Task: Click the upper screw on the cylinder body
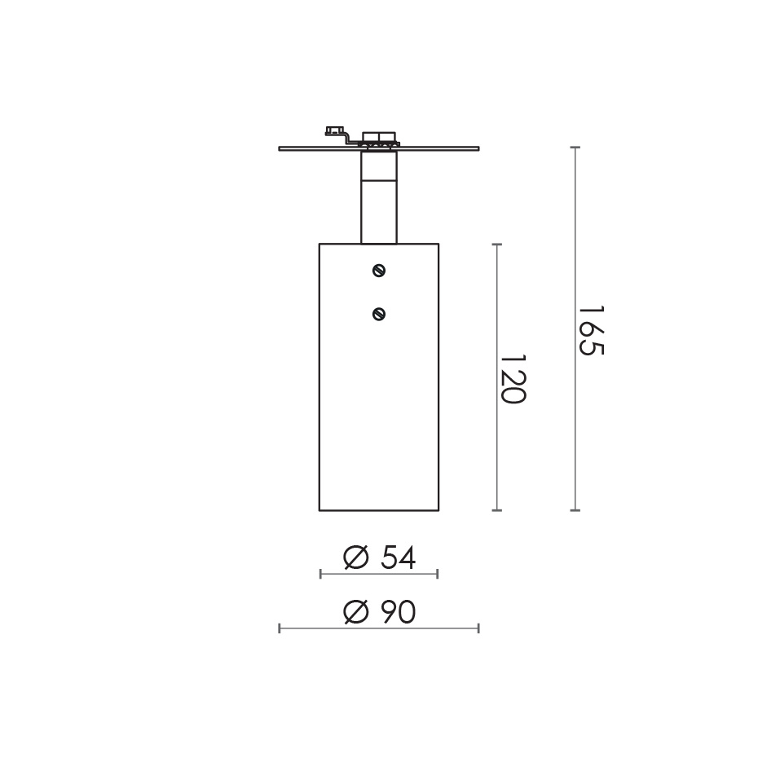click(x=378, y=271)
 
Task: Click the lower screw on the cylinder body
click(x=378, y=313)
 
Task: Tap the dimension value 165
click(x=590, y=330)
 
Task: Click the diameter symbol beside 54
click(x=355, y=558)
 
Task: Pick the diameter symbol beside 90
click(x=355, y=612)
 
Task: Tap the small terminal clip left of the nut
click(x=334, y=131)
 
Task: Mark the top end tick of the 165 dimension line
click(x=575, y=148)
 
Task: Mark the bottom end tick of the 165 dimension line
click(x=575, y=510)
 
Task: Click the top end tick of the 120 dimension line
click(x=497, y=244)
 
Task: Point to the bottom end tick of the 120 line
click(x=497, y=510)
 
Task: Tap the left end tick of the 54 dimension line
click(x=320, y=574)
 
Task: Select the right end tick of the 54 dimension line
click(x=438, y=574)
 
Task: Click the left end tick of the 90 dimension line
click(x=280, y=628)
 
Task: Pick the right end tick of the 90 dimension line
click(x=478, y=628)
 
